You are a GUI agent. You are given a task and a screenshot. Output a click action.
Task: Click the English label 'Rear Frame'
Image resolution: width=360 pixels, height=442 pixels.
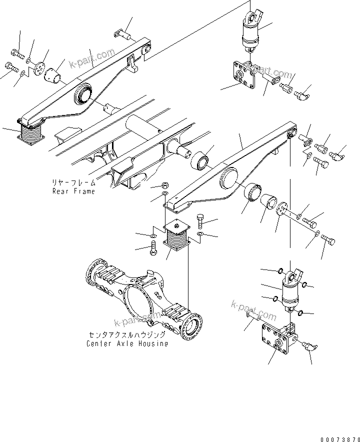click(x=73, y=191)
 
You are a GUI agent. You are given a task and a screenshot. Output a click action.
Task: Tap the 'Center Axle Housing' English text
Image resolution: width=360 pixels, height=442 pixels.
click(x=127, y=343)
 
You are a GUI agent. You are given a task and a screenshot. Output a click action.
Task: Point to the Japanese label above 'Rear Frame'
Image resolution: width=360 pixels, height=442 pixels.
click(x=73, y=183)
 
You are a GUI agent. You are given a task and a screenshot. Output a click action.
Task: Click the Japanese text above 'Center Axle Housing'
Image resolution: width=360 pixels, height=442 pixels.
click(x=128, y=335)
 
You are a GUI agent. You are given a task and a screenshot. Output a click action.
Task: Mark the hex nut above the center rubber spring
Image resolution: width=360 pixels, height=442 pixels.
click(x=165, y=184)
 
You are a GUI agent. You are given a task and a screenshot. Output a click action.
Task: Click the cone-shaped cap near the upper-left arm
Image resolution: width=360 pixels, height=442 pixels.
click(x=53, y=76)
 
